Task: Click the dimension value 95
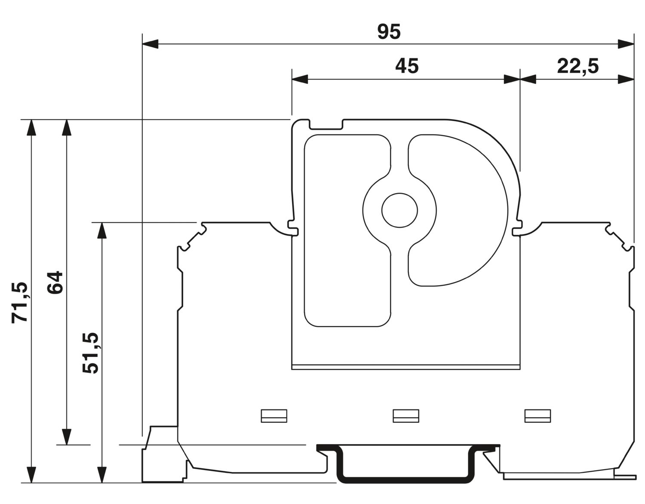click(x=389, y=32)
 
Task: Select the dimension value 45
click(x=407, y=66)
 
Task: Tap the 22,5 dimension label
click(x=578, y=66)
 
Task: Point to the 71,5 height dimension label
click(x=20, y=302)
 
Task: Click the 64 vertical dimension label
click(x=55, y=282)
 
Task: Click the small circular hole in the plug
click(x=399, y=210)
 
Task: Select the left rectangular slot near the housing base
click(x=274, y=416)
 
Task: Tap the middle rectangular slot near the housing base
click(x=406, y=416)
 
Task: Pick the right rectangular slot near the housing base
click(x=537, y=416)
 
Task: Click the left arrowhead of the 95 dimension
click(x=150, y=44)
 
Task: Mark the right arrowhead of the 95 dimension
click(x=626, y=44)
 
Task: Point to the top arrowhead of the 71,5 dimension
click(x=31, y=128)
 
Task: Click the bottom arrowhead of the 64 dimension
click(x=67, y=437)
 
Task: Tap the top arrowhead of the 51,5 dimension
click(x=102, y=230)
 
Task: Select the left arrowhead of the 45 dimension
click(x=300, y=79)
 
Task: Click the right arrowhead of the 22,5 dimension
click(x=626, y=79)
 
